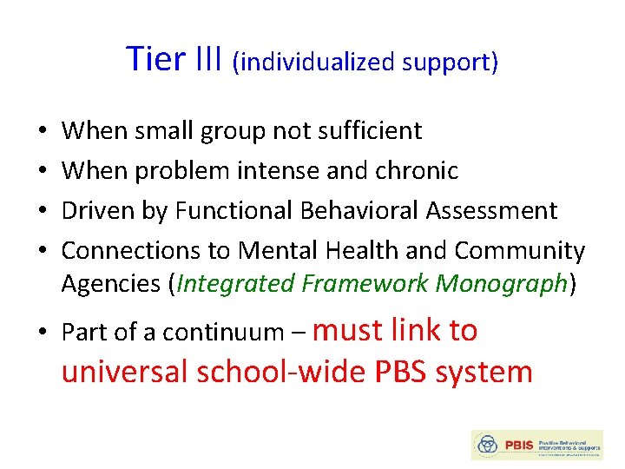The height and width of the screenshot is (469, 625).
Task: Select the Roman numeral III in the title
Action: [210, 59]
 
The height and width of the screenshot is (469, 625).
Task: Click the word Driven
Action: [96, 211]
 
